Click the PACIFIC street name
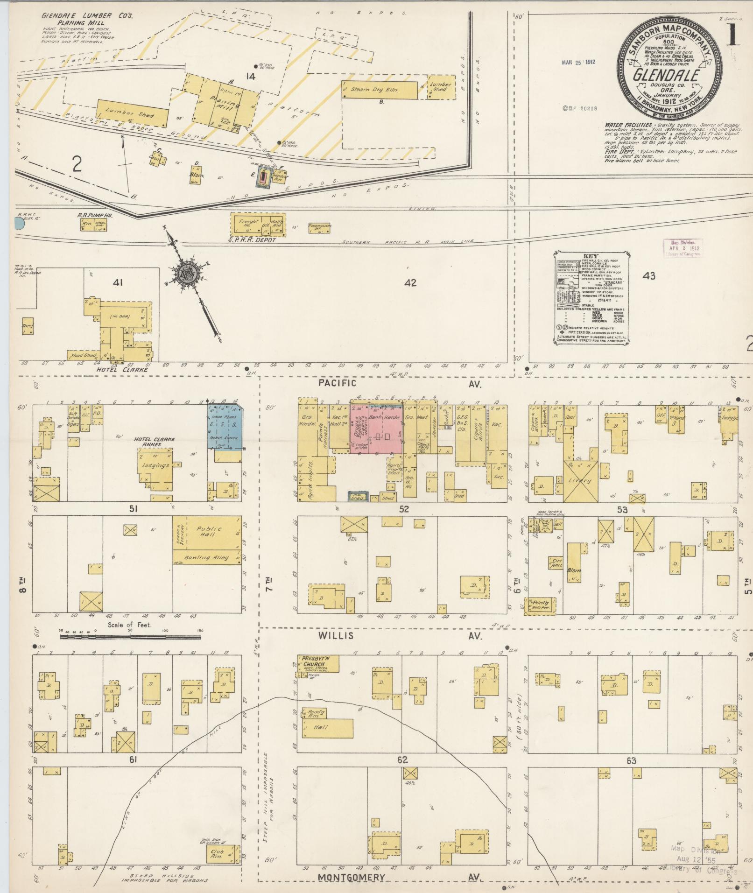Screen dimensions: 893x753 point(337,383)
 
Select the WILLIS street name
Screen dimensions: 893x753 point(337,636)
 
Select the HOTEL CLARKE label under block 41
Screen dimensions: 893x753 point(122,369)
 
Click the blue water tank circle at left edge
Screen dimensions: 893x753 point(19,224)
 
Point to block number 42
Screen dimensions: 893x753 point(410,282)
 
